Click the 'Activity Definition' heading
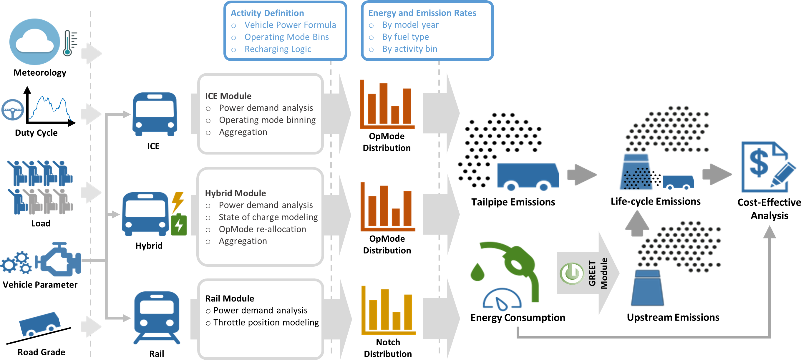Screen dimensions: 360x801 pyautogui.click(x=267, y=13)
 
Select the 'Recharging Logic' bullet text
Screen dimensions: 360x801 pyautogui.click(x=278, y=49)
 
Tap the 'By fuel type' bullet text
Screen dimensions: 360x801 pyautogui.click(x=405, y=37)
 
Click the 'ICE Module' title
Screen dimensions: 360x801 pyautogui.click(x=228, y=96)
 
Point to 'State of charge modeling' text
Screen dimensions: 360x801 pyautogui.click(x=268, y=217)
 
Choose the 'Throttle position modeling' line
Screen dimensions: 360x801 pyautogui.click(x=266, y=322)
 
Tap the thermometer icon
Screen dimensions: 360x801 pyautogui.click(x=68, y=43)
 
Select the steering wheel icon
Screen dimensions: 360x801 pyautogui.click(x=12, y=110)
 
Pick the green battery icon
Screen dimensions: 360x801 pyautogui.click(x=179, y=225)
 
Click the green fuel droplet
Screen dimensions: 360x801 pyautogui.click(x=477, y=272)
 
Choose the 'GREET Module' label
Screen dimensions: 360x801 pyautogui.click(x=598, y=273)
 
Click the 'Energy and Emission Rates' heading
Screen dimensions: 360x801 pyautogui.click(x=422, y=13)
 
